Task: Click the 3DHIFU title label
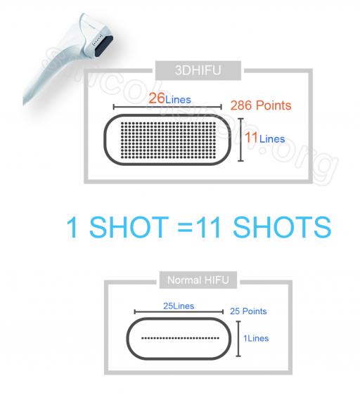[x=198, y=70]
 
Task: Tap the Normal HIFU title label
[x=198, y=280]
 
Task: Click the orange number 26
[x=157, y=98]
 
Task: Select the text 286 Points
[x=261, y=105]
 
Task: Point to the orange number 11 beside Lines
[x=251, y=138]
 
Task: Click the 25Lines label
[x=179, y=306]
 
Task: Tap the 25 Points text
[x=248, y=311]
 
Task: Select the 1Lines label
[x=256, y=338]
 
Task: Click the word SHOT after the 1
[x=129, y=227]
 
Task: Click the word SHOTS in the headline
[x=282, y=227]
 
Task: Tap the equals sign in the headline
[x=186, y=227]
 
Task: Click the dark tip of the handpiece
[x=103, y=45]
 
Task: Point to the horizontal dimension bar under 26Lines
[x=167, y=107]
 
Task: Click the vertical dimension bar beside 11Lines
[x=241, y=140]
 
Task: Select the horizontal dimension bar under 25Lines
[x=179, y=312]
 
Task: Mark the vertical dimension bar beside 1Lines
[x=238, y=339]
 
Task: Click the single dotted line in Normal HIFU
[x=180, y=338]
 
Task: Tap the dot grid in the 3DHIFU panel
[x=169, y=141]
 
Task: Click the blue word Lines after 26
[x=178, y=100]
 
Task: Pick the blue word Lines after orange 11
[x=272, y=139]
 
